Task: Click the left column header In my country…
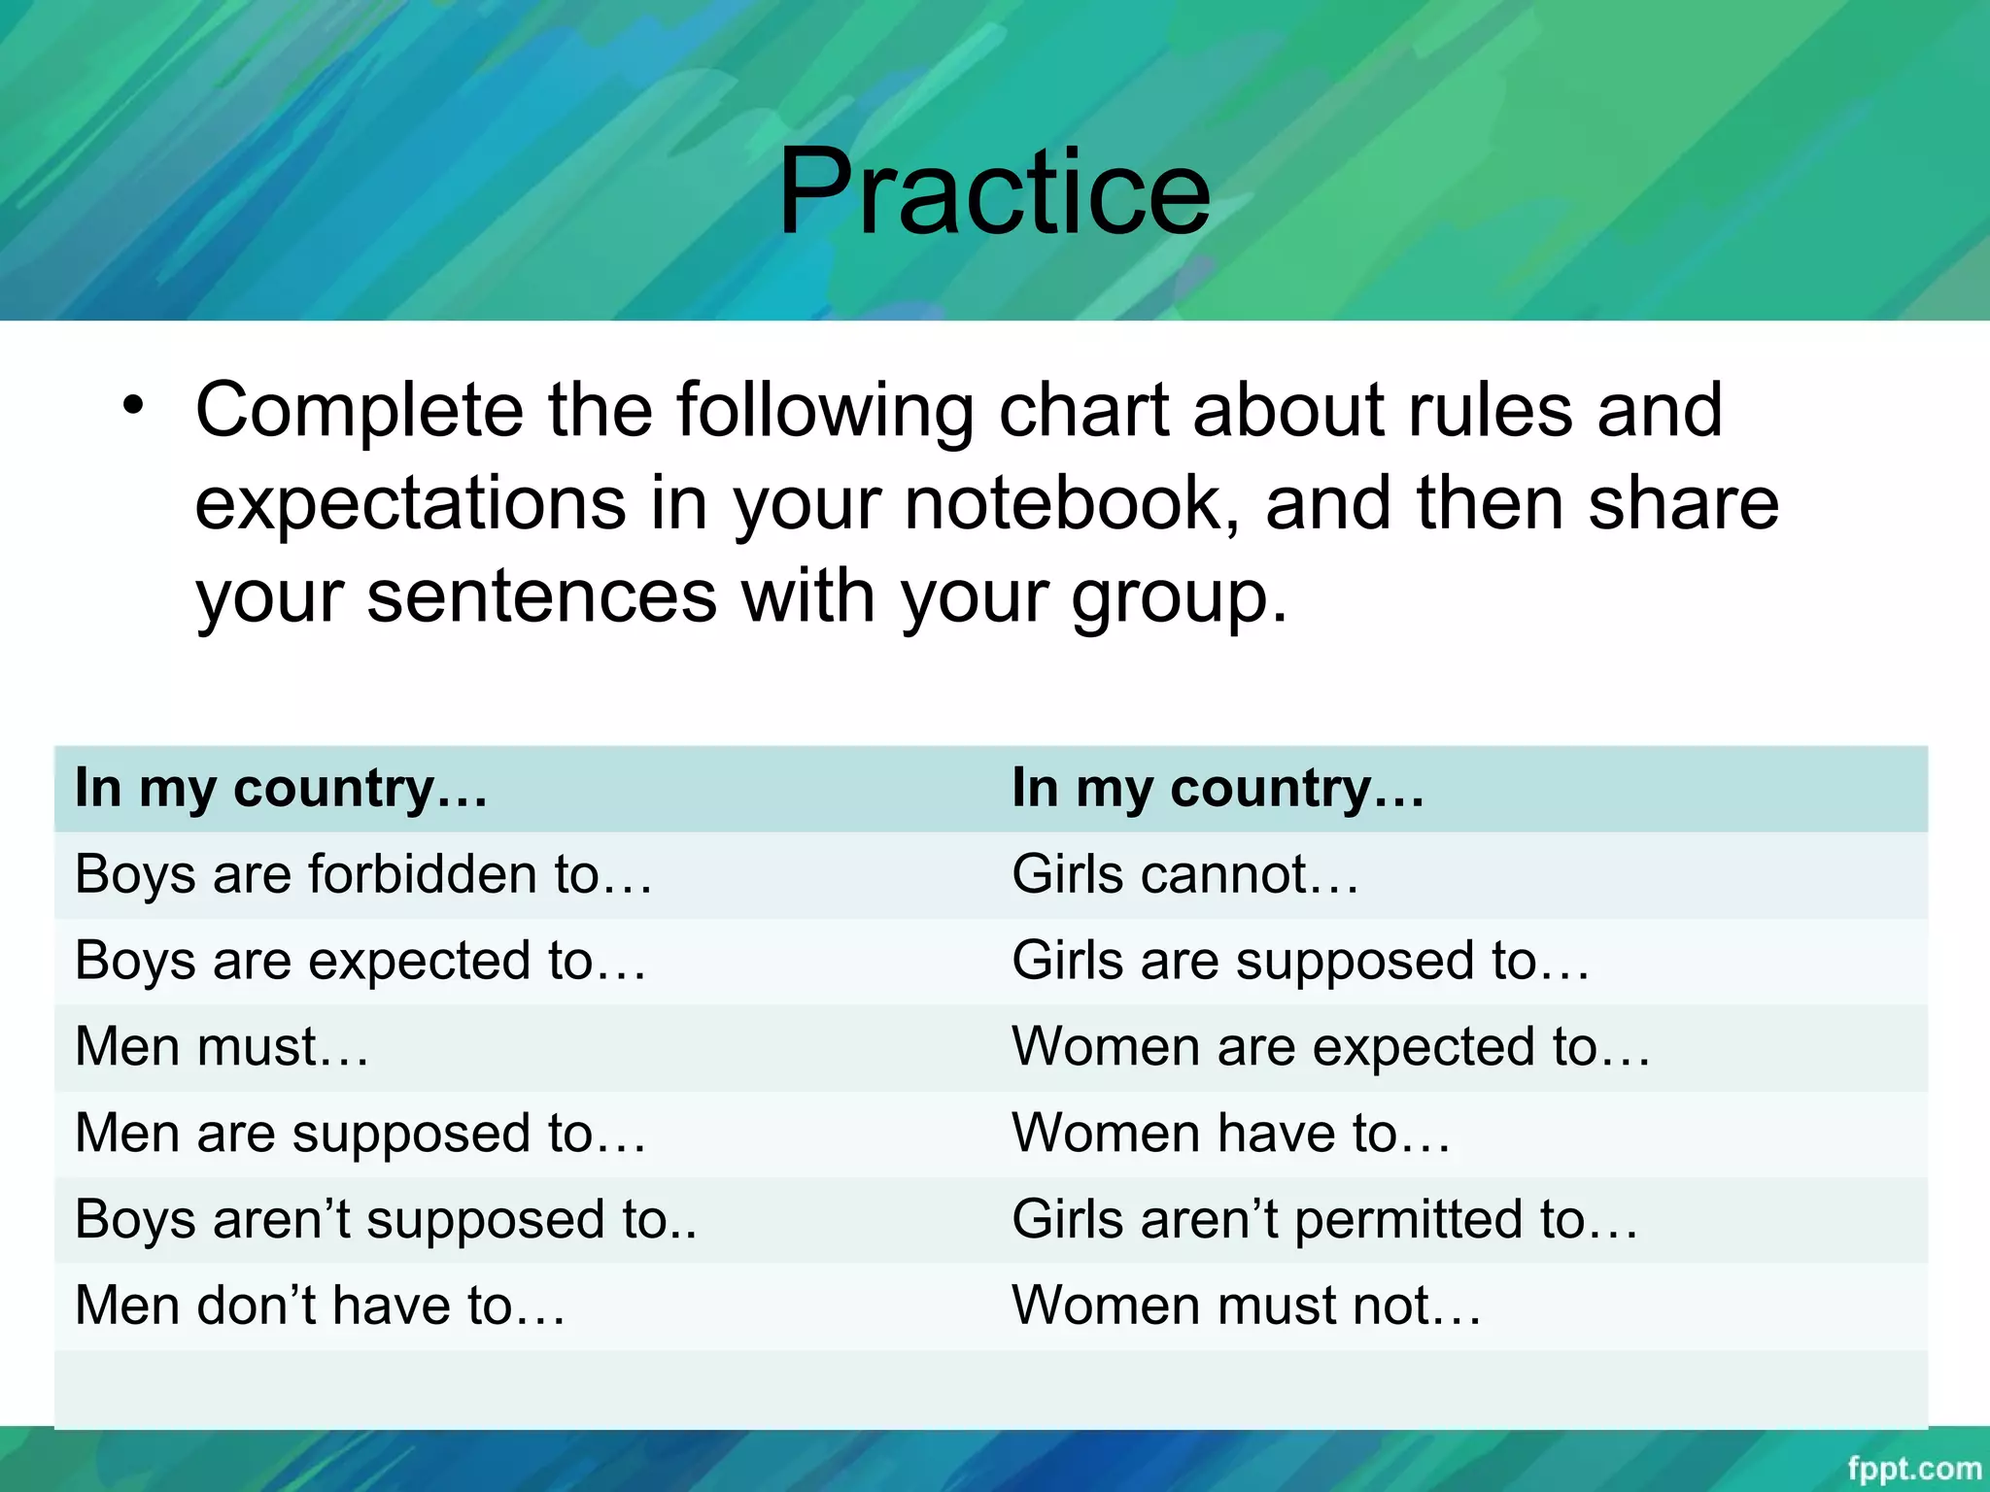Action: (281, 788)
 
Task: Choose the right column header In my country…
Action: (1218, 788)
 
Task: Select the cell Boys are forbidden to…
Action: (363, 874)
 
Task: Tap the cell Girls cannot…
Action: (1184, 874)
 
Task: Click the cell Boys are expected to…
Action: (360, 961)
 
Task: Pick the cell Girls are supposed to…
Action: (1300, 961)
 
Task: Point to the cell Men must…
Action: (223, 1047)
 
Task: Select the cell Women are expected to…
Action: (1330, 1047)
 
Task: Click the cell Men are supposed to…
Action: (360, 1134)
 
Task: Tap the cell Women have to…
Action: (1231, 1134)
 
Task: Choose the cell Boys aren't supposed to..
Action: (386, 1220)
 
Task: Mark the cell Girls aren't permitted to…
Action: (1324, 1220)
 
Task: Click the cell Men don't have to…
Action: (320, 1305)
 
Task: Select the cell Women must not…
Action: (1247, 1305)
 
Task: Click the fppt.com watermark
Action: (1913, 1468)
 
